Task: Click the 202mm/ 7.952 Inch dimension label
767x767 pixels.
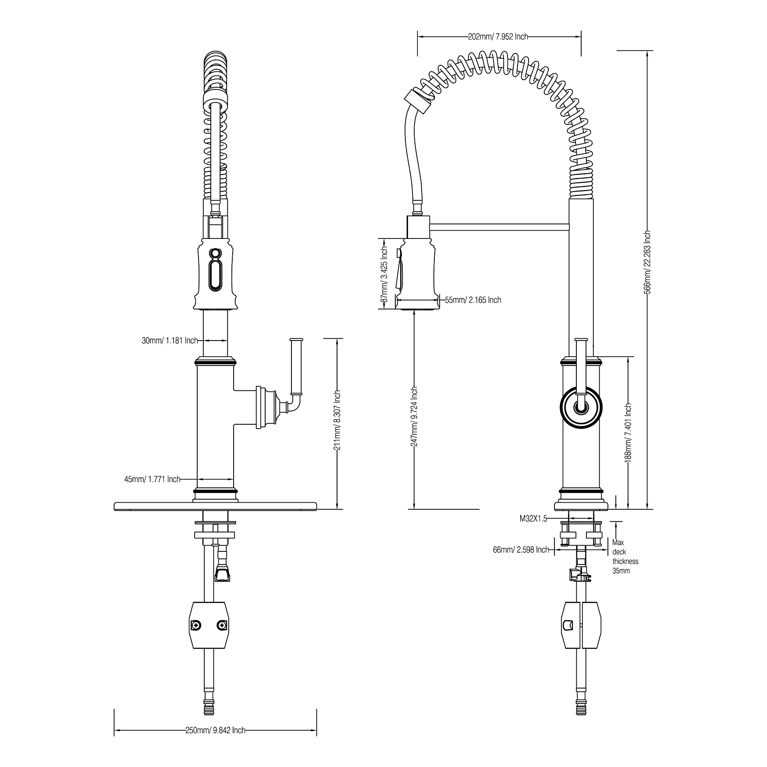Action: point(498,37)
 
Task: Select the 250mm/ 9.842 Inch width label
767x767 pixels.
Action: point(215,730)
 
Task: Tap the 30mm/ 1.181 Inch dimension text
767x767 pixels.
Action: point(170,340)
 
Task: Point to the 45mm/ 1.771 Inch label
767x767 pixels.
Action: point(152,479)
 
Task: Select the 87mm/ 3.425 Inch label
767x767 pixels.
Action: point(384,273)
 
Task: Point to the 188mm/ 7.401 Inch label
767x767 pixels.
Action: point(628,432)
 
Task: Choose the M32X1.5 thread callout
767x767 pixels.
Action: point(533,519)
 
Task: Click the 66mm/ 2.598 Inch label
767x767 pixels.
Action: point(521,550)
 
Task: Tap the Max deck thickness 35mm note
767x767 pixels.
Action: point(625,557)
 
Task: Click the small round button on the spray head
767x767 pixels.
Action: point(215,253)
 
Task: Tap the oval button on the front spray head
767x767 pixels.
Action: point(215,275)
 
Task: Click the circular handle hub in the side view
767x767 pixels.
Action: point(581,407)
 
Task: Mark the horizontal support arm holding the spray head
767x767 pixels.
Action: point(500,226)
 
